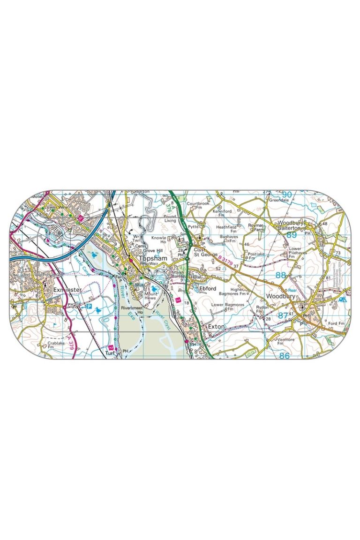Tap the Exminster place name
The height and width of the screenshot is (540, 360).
coord(68,290)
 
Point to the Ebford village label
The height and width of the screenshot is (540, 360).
coord(208,289)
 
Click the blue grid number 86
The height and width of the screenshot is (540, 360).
coord(285,356)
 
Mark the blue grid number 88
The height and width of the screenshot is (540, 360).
coord(281,275)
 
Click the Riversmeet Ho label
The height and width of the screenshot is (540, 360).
coord(131,311)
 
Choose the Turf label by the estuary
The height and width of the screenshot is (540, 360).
coord(110,353)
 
